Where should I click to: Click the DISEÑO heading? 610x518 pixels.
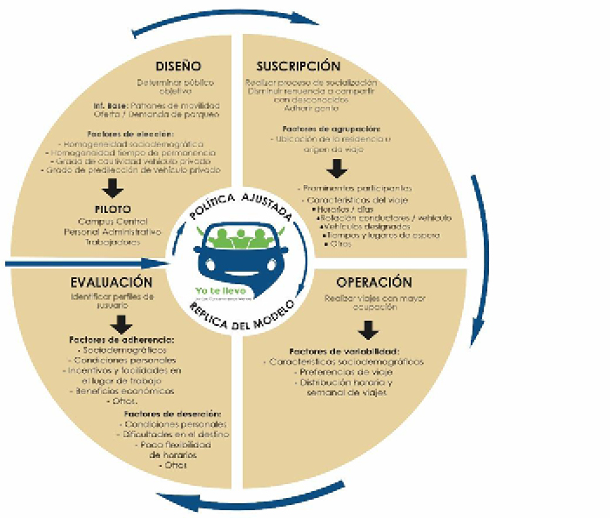[x=178, y=66]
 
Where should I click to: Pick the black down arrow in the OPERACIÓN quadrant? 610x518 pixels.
[x=369, y=329]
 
